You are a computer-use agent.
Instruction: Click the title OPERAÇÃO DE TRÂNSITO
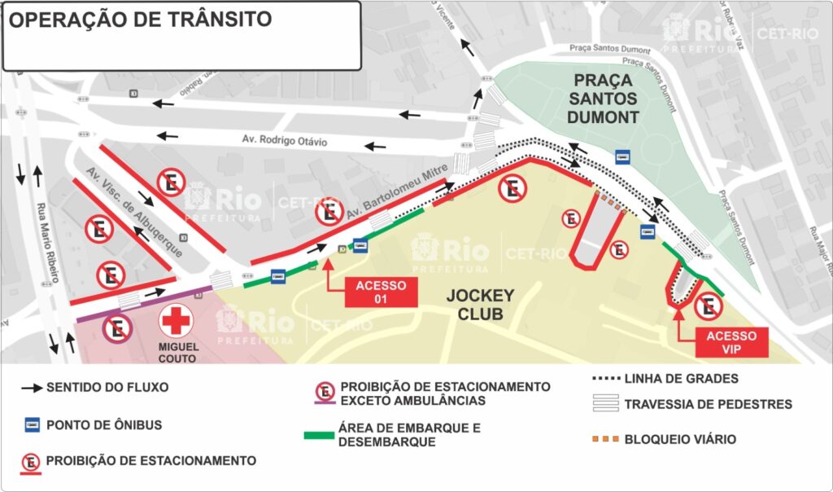[x=140, y=20]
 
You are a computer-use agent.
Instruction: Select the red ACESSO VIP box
[x=731, y=343]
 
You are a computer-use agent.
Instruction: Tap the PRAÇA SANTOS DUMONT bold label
[x=606, y=99]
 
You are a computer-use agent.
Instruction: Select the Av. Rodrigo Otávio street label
[x=284, y=141]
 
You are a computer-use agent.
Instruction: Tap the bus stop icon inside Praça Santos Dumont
[x=623, y=157]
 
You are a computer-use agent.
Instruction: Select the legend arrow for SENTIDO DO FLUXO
[x=32, y=388]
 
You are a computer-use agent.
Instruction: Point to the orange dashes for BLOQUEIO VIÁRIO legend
[x=608, y=440]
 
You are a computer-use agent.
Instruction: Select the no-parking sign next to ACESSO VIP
[x=709, y=306]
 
